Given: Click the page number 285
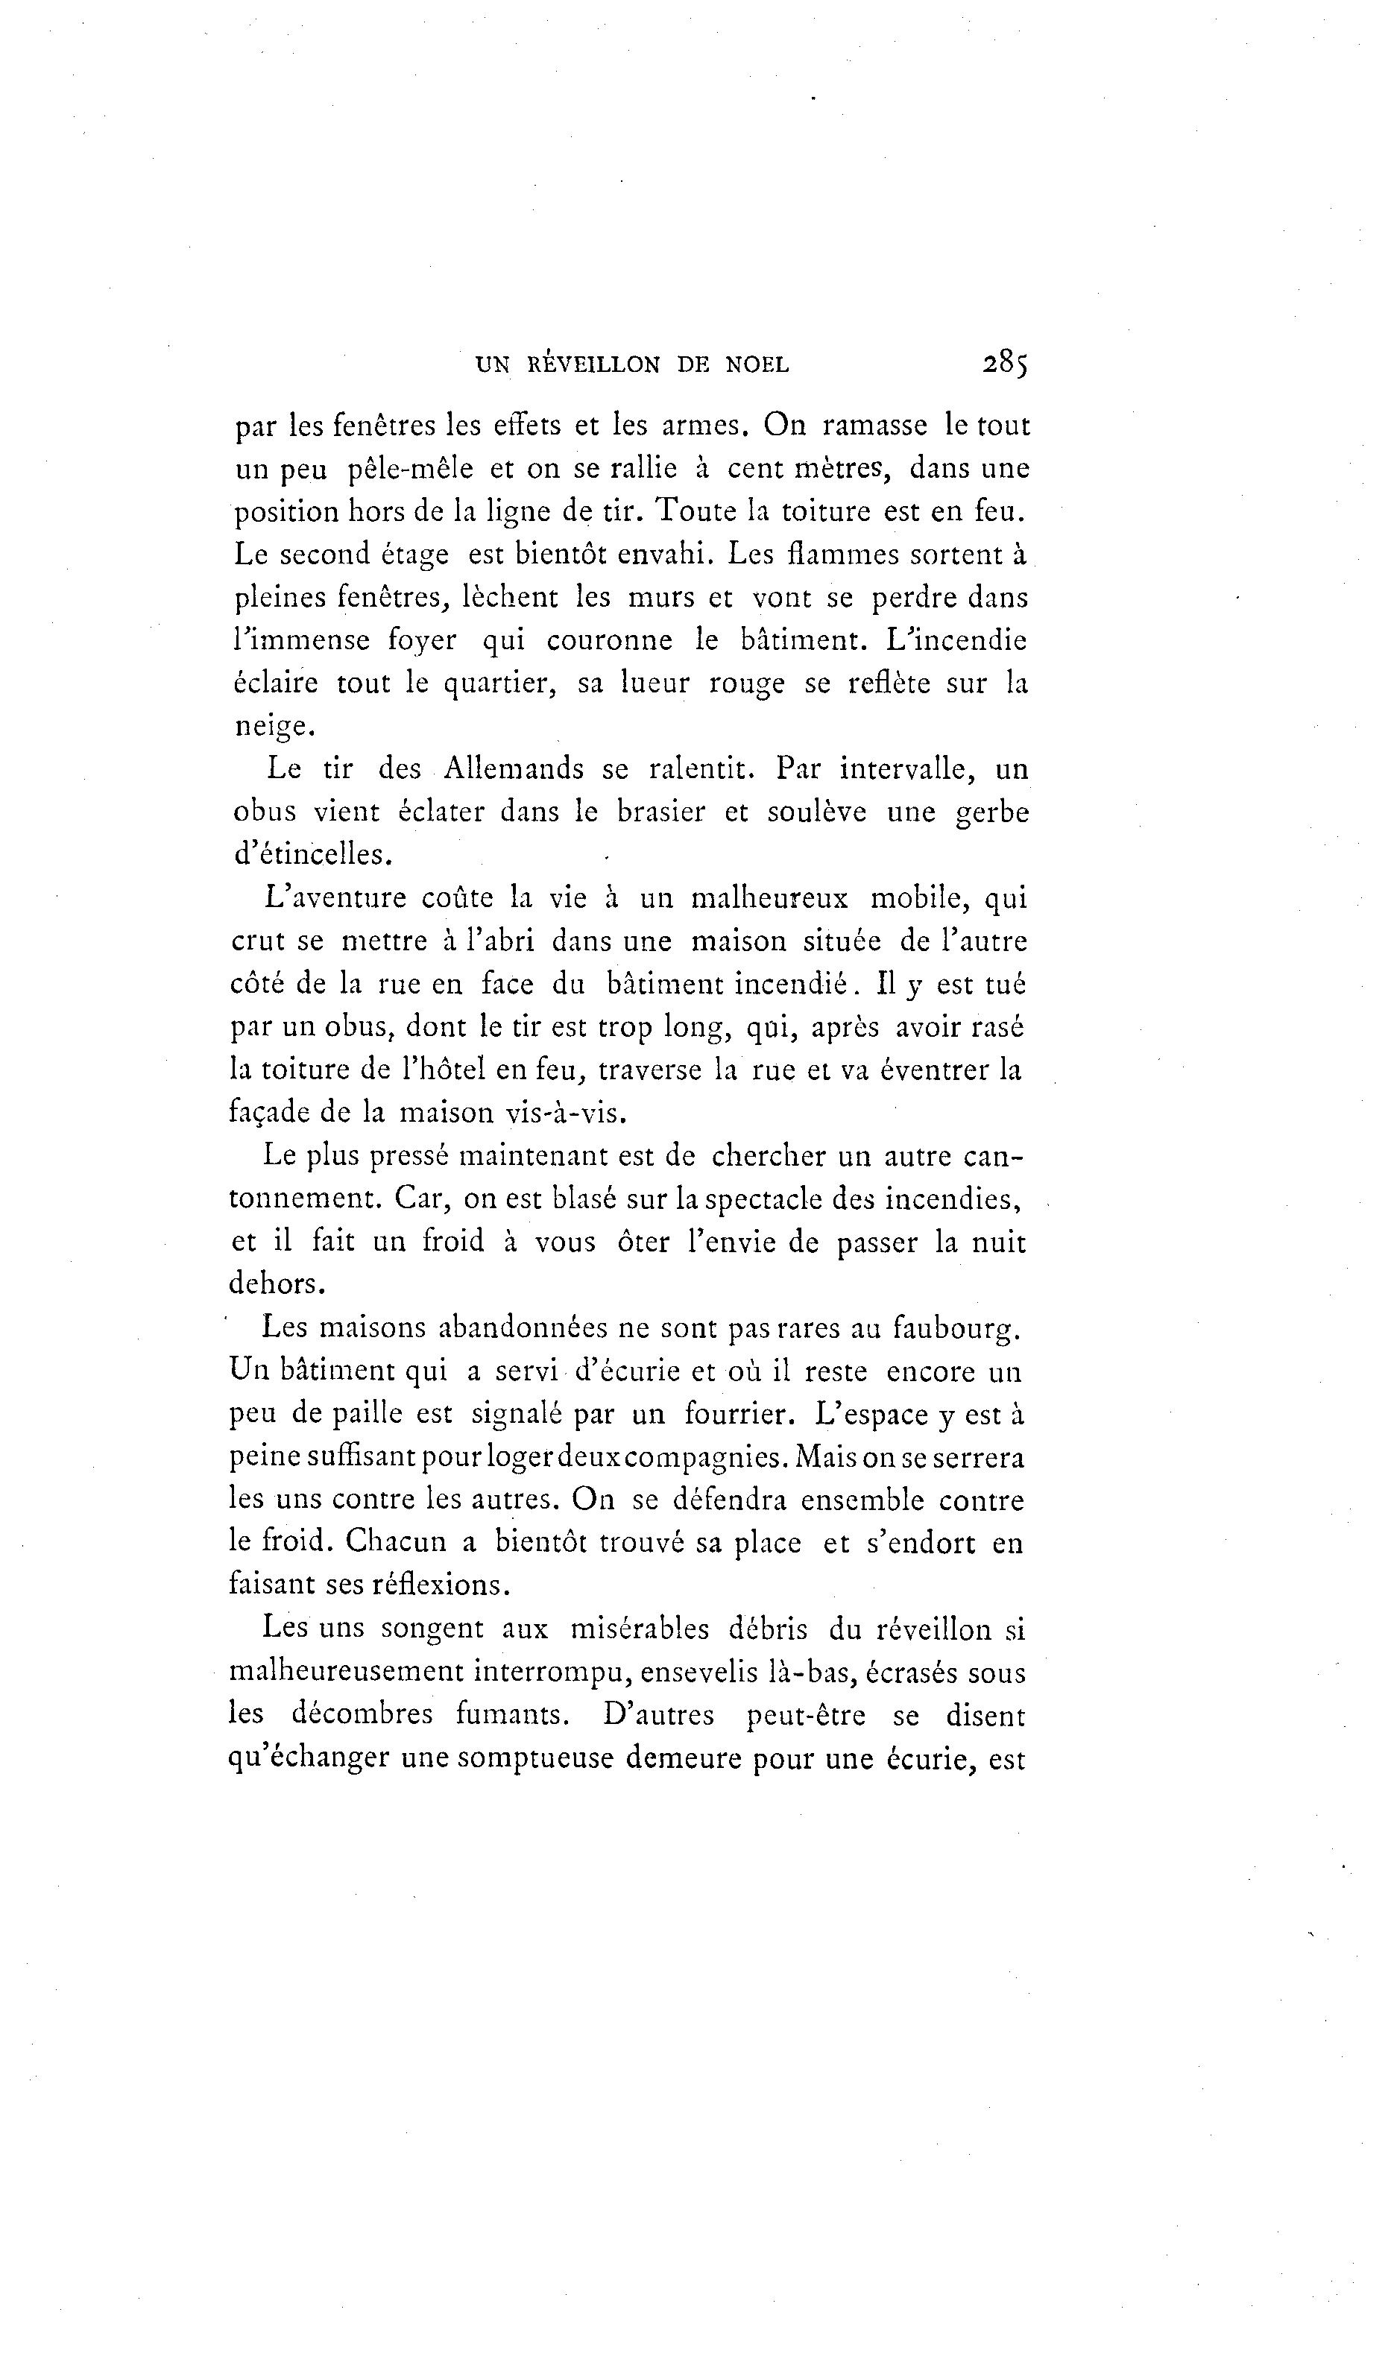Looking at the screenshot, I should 1005,363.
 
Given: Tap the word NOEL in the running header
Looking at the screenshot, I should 757,364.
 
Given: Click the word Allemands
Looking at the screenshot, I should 513,769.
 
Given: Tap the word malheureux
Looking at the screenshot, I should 769,898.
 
